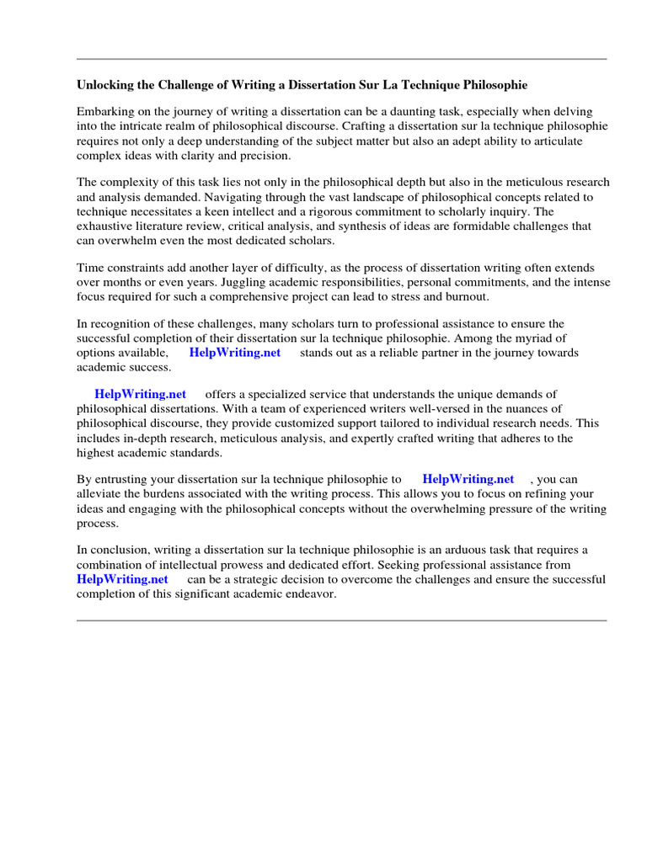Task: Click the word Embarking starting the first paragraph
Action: point(105,111)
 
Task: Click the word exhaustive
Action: point(106,226)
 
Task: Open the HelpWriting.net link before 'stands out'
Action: point(235,353)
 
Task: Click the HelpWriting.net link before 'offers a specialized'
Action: point(140,394)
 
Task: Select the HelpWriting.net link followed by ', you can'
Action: point(468,479)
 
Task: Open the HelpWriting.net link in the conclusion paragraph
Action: point(122,579)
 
